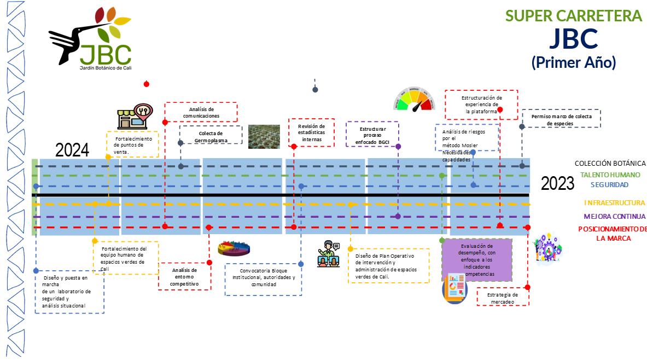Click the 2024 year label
72,150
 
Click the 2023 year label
557,183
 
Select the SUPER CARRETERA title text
574,16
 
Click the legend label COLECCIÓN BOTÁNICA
610,164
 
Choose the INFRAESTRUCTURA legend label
614,203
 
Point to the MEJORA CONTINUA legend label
614,217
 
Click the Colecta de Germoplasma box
211,135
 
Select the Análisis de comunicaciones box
201,112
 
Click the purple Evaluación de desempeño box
476,260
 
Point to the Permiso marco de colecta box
561,119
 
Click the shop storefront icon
133,117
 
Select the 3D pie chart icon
234,249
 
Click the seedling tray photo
264,137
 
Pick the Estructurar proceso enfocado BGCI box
372,135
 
